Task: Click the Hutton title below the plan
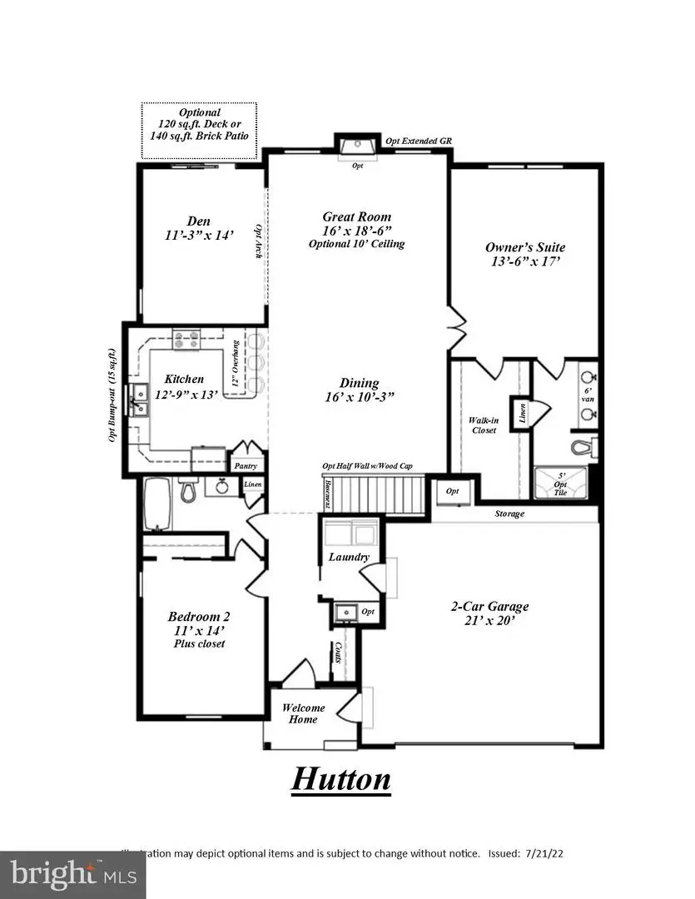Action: click(x=340, y=779)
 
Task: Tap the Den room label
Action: click(x=198, y=221)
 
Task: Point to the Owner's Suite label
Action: click(x=525, y=247)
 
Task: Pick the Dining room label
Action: click(x=360, y=384)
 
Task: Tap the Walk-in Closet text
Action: click(x=482, y=425)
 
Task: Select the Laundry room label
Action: click(x=349, y=557)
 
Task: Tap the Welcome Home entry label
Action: click(x=303, y=713)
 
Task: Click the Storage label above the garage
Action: click(x=509, y=514)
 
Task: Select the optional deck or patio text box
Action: click(x=199, y=124)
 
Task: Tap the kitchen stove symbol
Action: click(x=186, y=339)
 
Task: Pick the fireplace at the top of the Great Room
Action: click(x=359, y=147)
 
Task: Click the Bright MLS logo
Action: click(x=72, y=874)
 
